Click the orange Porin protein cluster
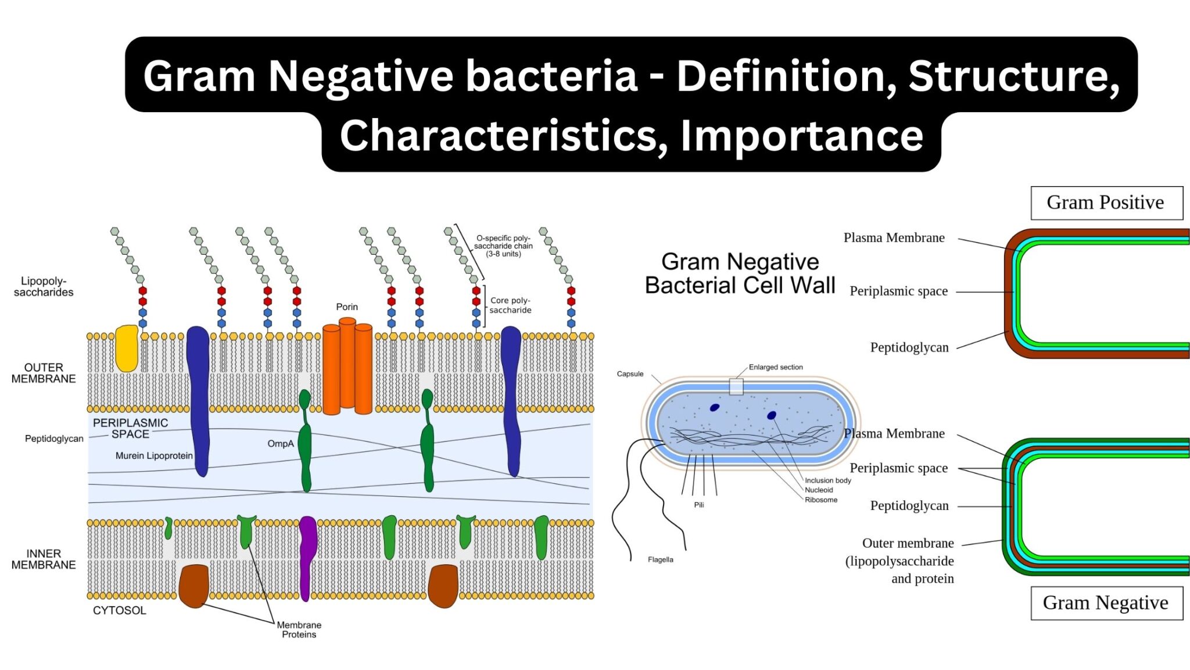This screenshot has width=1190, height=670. click(347, 366)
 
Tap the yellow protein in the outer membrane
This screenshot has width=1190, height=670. click(126, 349)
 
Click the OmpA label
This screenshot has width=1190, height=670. click(281, 444)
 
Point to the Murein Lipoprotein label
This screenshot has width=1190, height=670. click(153, 456)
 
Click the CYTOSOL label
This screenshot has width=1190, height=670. click(119, 610)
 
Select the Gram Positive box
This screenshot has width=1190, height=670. click(1106, 203)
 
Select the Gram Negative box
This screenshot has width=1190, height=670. click(1106, 603)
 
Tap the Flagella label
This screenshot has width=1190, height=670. click(660, 559)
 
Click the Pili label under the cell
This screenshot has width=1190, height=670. click(699, 505)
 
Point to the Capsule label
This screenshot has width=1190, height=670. click(630, 374)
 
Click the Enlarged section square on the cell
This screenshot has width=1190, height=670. click(736, 387)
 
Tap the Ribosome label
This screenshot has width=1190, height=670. click(821, 500)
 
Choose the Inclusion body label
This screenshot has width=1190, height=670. click(827, 480)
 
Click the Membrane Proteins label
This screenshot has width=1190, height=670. click(299, 629)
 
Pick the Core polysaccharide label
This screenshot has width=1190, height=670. click(510, 305)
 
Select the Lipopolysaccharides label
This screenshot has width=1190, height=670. click(44, 287)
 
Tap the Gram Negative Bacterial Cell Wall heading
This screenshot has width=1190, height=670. click(740, 273)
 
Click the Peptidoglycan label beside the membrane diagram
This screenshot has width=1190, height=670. click(54, 439)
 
